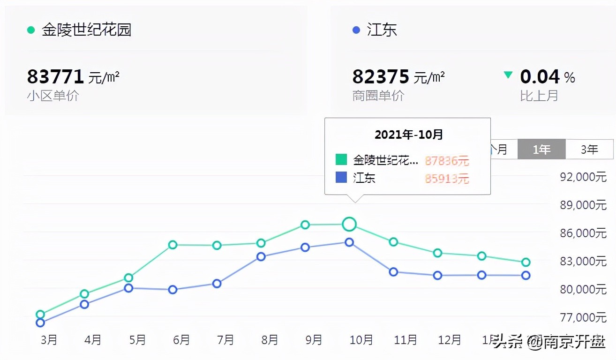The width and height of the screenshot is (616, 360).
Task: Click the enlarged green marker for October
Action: coord(349,225)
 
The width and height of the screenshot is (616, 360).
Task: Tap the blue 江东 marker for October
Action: coord(349,242)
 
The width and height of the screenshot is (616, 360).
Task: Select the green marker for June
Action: coord(173,245)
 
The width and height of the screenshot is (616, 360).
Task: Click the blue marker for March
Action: coord(40,322)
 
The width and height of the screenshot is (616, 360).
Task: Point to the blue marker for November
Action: coord(393,272)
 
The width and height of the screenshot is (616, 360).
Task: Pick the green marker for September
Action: coord(305,225)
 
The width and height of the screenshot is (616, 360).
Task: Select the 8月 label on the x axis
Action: coord(270,339)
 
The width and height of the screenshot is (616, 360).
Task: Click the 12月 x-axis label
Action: coord(449,339)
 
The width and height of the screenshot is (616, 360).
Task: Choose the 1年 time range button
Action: coord(541,150)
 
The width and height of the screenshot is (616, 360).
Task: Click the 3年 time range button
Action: coord(589,150)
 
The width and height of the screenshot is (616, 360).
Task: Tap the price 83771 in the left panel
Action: coord(55,76)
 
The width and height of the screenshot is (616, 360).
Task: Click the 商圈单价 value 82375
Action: coord(381,76)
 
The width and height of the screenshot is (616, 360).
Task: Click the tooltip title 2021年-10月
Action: coord(408,135)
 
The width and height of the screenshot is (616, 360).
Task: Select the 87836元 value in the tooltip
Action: coord(447,161)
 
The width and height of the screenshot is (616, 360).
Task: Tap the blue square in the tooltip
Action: coord(341,178)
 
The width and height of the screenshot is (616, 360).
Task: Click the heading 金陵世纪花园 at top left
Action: coord(86,30)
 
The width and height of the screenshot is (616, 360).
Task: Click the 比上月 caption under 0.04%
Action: coord(539,96)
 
